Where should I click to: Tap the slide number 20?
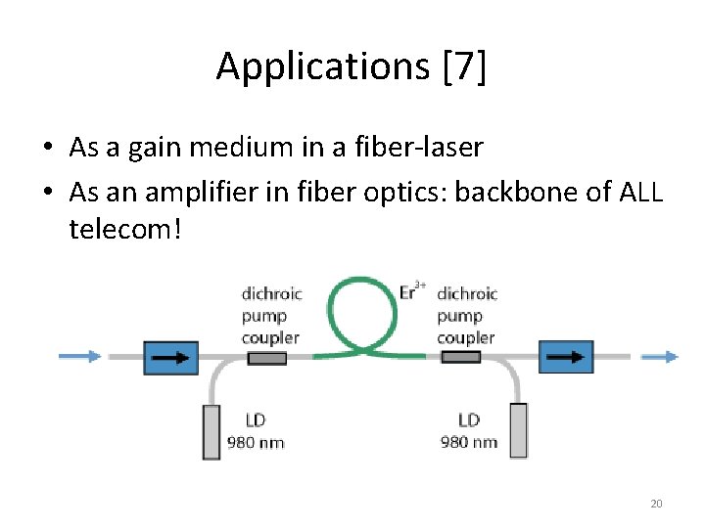click(656, 504)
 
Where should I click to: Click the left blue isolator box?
click(170, 358)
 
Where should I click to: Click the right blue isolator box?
click(566, 358)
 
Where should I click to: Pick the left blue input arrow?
click(79, 357)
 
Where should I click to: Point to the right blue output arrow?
click(658, 357)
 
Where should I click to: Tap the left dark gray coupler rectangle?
click(266, 358)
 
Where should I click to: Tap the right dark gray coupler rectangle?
click(460, 358)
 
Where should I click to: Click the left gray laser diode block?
click(211, 431)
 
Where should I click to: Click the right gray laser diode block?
click(518, 430)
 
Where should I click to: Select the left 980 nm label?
click(256, 442)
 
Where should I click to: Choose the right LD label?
click(468, 420)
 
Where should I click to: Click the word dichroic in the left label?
click(271, 293)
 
